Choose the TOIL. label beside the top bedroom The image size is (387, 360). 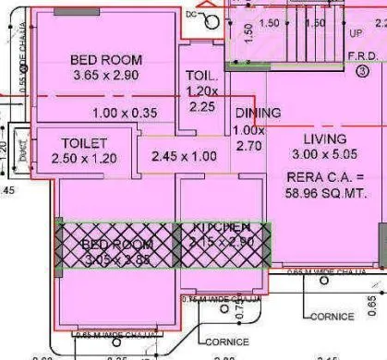pyautogui.click(x=200, y=75)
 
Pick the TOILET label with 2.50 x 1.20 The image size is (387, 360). pyautogui.click(x=85, y=144)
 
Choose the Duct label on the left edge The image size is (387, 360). pyautogui.click(x=21, y=145)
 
